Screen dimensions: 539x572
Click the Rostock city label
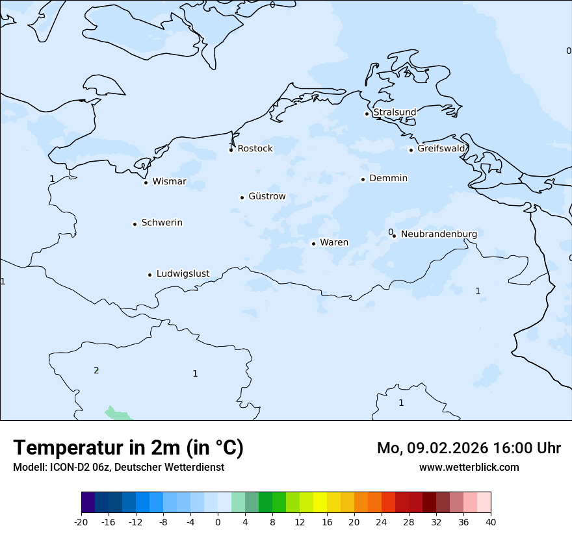tap(255, 149)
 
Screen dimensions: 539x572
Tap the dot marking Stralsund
tap(367, 114)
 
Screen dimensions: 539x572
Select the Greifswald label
tap(441, 149)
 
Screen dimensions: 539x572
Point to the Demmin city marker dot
tap(363, 179)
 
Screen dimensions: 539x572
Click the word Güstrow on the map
tap(266, 196)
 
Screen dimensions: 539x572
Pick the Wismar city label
tap(169, 182)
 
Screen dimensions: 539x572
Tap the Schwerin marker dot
tap(135, 224)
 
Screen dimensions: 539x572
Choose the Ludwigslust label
tap(183, 274)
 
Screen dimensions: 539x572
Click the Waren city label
tap(334, 243)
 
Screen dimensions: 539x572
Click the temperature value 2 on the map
tap(96, 371)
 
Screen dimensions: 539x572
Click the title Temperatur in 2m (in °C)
tap(128, 447)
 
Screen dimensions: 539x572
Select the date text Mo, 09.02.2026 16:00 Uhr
tap(469, 448)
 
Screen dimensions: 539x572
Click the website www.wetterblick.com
tap(469, 467)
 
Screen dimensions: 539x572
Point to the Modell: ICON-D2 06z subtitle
tap(118, 467)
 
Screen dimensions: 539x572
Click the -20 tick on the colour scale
tap(81, 521)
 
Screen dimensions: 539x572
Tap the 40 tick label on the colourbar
tap(490, 521)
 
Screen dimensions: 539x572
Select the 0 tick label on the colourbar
tap(218, 521)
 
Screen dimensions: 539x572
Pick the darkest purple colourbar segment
tap(88, 503)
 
